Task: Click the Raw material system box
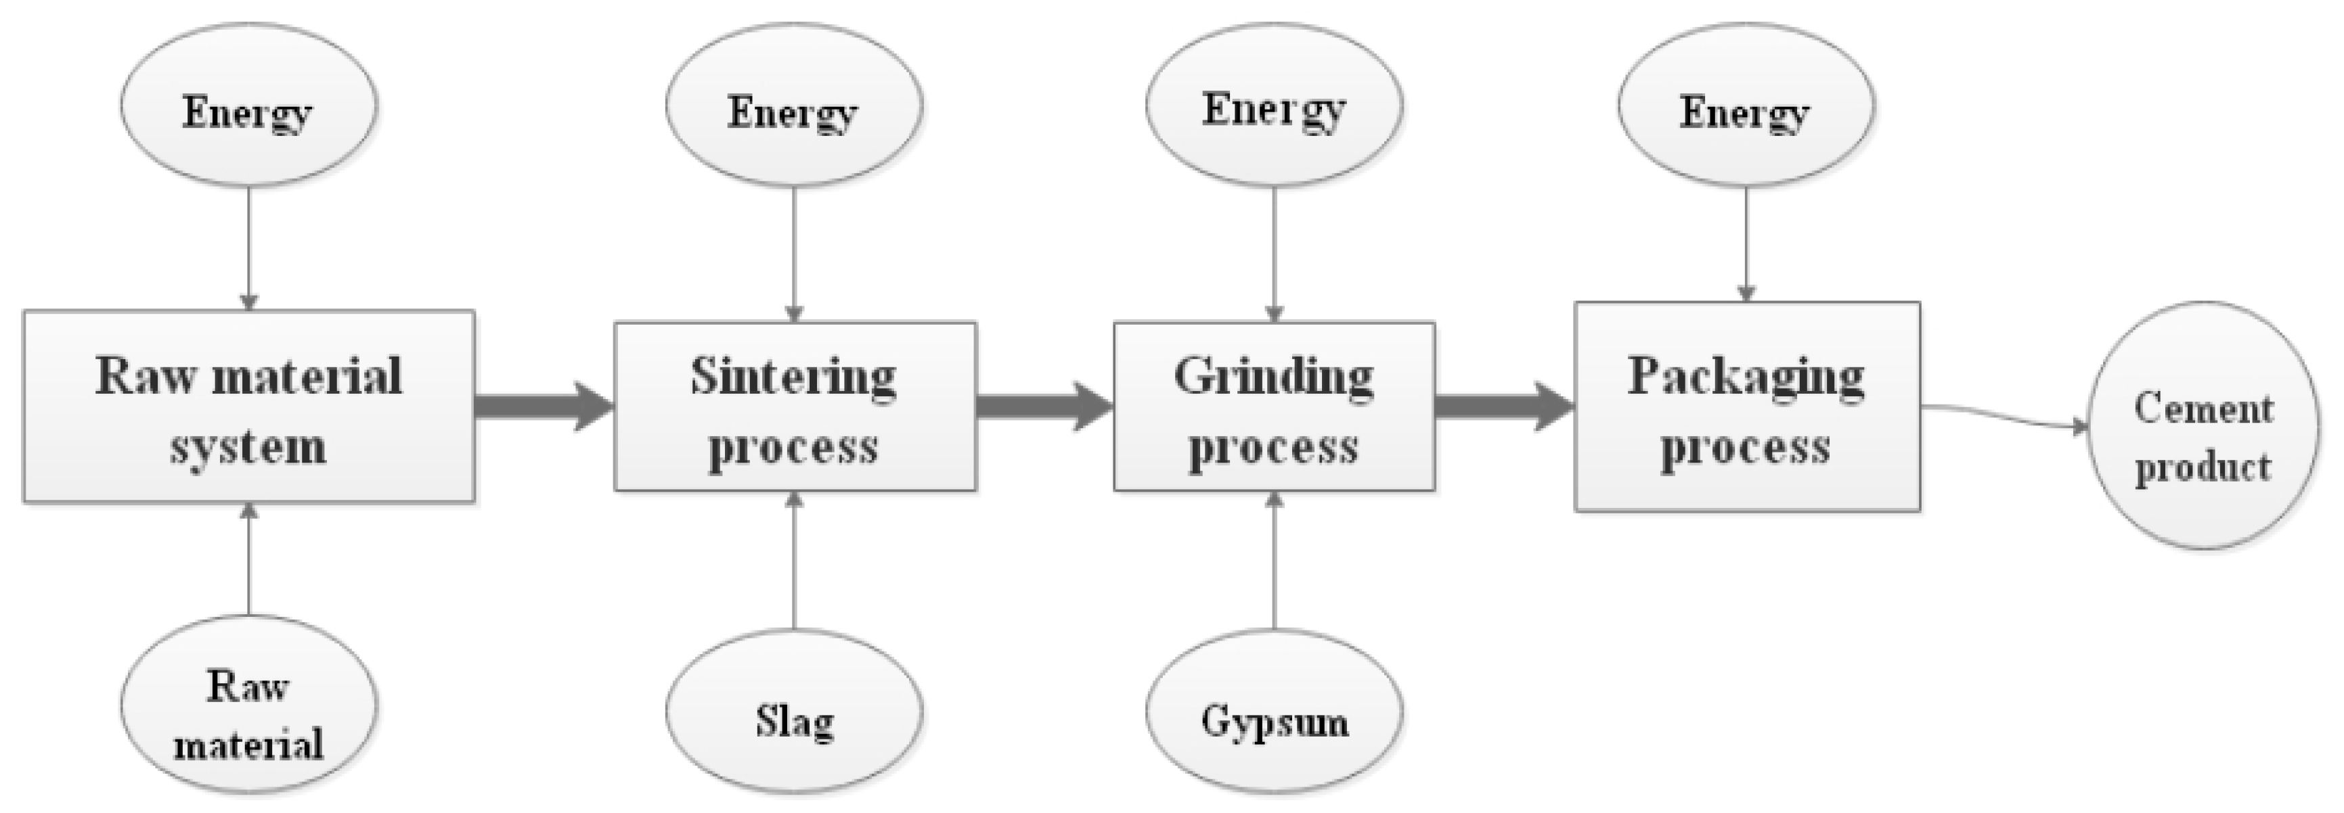pos(248,406)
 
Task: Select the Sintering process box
pos(795,406)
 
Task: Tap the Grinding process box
pos(1274,406)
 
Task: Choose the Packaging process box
pos(1747,406)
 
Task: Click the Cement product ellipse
pos(2202,425)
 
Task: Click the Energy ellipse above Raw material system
pos(248,105)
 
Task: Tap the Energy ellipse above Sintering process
pos(795,105)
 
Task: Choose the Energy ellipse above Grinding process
pos(1274,105)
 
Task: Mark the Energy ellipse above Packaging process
pos(1745,105)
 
